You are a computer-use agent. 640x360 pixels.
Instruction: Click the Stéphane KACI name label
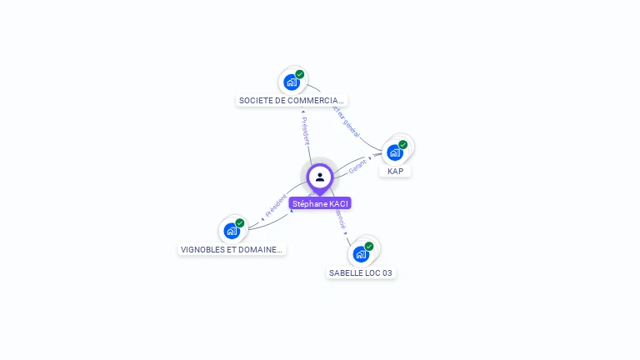pos(320,203)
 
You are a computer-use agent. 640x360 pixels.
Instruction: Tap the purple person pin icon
pos(320,177)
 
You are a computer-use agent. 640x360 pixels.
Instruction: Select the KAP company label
pos(395,171)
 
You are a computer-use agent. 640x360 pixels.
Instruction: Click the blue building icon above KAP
pos(394,152)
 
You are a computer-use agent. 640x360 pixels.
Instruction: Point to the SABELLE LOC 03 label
pos(360,272)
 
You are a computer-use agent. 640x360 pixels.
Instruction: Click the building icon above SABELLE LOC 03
pos(360,253)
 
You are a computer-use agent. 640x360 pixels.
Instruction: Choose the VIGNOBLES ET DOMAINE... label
pos(232,249)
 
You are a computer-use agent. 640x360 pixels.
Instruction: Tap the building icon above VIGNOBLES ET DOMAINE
pos(232,231)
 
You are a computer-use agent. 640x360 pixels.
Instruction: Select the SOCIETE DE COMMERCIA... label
pos(292,100)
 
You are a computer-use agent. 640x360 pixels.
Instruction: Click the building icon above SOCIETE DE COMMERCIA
pos(291,82)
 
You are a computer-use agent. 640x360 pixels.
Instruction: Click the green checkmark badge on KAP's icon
pos(402,145)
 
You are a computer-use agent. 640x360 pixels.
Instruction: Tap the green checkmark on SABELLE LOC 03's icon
pos(368,246)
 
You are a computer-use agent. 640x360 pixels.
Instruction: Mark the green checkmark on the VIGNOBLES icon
pos(240,223)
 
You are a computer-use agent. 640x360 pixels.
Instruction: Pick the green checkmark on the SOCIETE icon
pos(300,74)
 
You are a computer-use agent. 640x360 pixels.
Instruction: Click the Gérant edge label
pos(357,166)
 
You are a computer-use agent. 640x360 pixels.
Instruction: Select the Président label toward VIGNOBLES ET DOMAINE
pos(276,205)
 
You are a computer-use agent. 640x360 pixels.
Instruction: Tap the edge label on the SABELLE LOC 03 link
pos(340,218)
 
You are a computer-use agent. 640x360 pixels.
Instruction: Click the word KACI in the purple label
pos(338,203)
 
